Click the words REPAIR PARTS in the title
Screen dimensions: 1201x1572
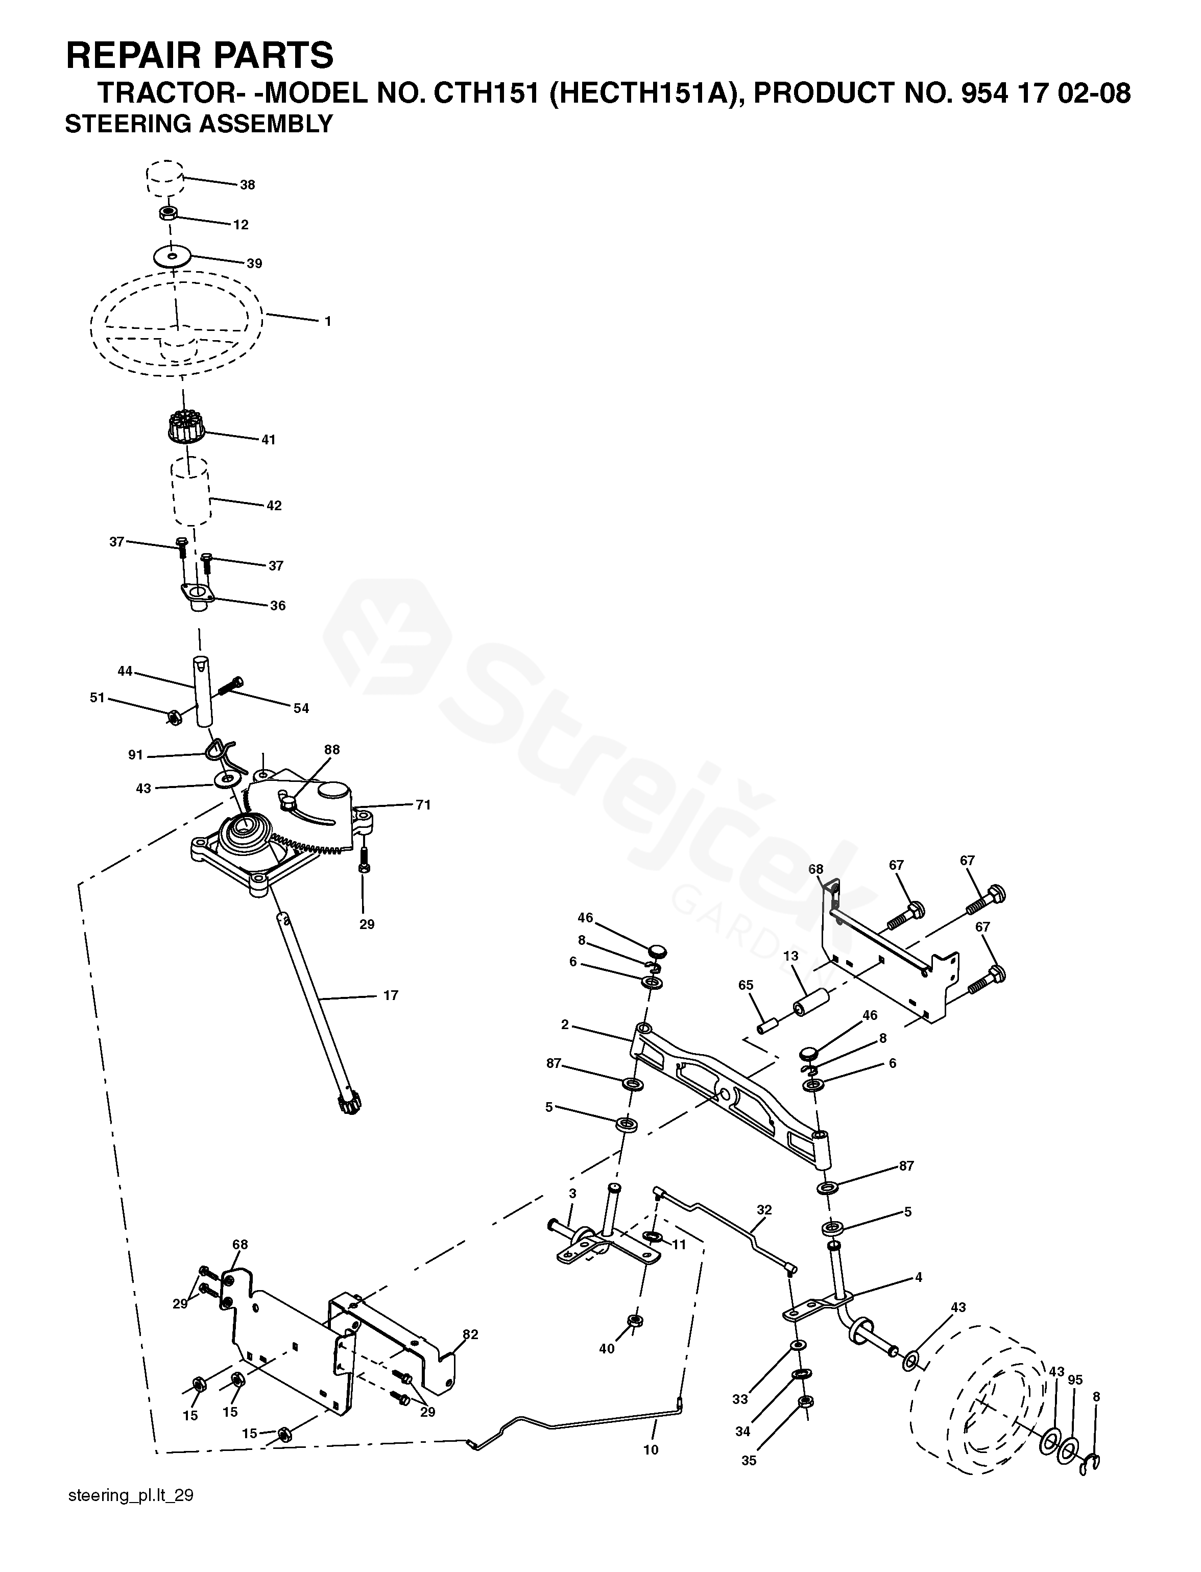[200, 55]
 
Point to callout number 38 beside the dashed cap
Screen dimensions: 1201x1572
[247, 185]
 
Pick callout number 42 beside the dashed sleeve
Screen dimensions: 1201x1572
[274, 506]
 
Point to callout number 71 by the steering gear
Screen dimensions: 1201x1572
[423, 805]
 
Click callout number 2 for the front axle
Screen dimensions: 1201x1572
[565, 1025]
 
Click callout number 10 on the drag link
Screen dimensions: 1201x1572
[651, 1450]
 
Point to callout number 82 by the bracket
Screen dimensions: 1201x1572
[470, 1335]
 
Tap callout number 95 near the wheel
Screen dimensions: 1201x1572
[1075, 1379]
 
